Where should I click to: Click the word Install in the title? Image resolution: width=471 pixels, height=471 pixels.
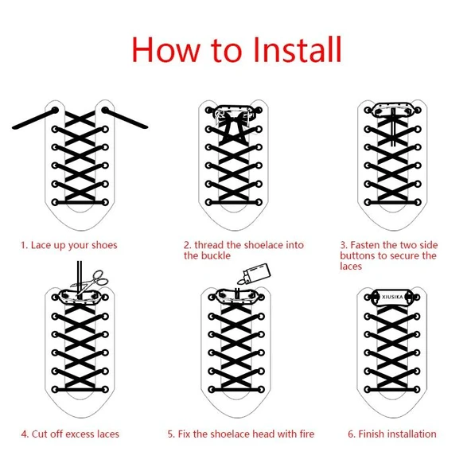click(298, 49)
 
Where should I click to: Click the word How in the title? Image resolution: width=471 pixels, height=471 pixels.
click(166, 49)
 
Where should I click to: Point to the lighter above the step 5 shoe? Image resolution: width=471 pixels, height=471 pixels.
click(254, 274)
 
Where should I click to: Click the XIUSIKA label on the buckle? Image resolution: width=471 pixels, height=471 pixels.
click(392, 297)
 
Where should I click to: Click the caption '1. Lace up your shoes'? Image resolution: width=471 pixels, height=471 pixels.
click(68, 245)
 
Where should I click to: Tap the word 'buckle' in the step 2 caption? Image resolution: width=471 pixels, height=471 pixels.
click(216, 255)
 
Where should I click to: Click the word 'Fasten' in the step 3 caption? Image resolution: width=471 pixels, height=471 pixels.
click(365, 245)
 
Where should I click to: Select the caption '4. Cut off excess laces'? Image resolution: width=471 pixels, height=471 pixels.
click(70, 434)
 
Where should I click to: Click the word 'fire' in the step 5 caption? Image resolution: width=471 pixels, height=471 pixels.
click(306, 434)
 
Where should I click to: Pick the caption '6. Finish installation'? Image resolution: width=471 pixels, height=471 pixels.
click(392, 434)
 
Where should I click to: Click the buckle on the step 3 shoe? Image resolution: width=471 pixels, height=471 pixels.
click(392, 110)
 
